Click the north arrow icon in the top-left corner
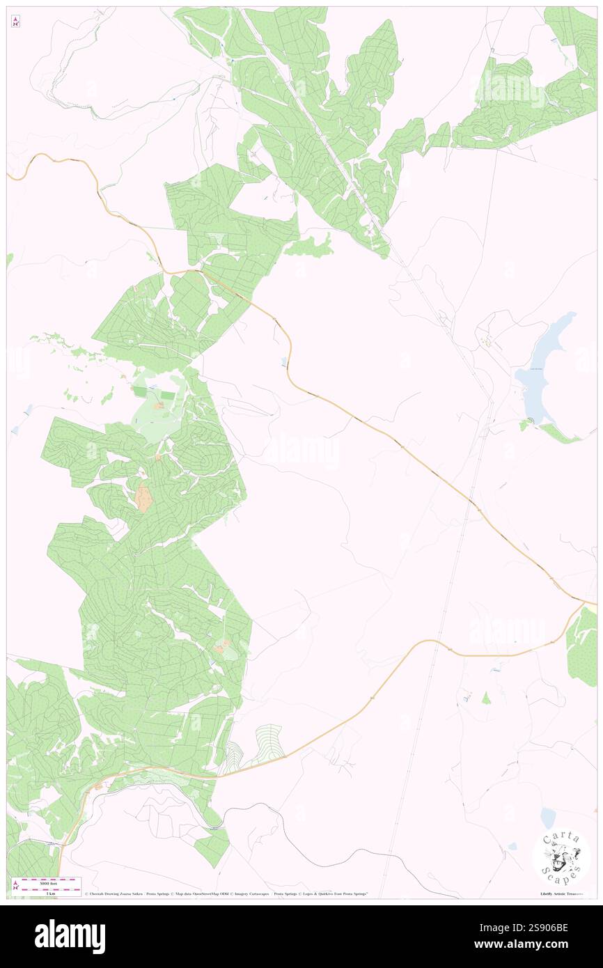coord(15,22)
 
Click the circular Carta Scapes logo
coord(561,857)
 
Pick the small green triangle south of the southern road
coord(486,697)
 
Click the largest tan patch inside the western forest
coord(144,498)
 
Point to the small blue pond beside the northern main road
coord(283,361)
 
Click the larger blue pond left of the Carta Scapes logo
coord(548,818)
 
